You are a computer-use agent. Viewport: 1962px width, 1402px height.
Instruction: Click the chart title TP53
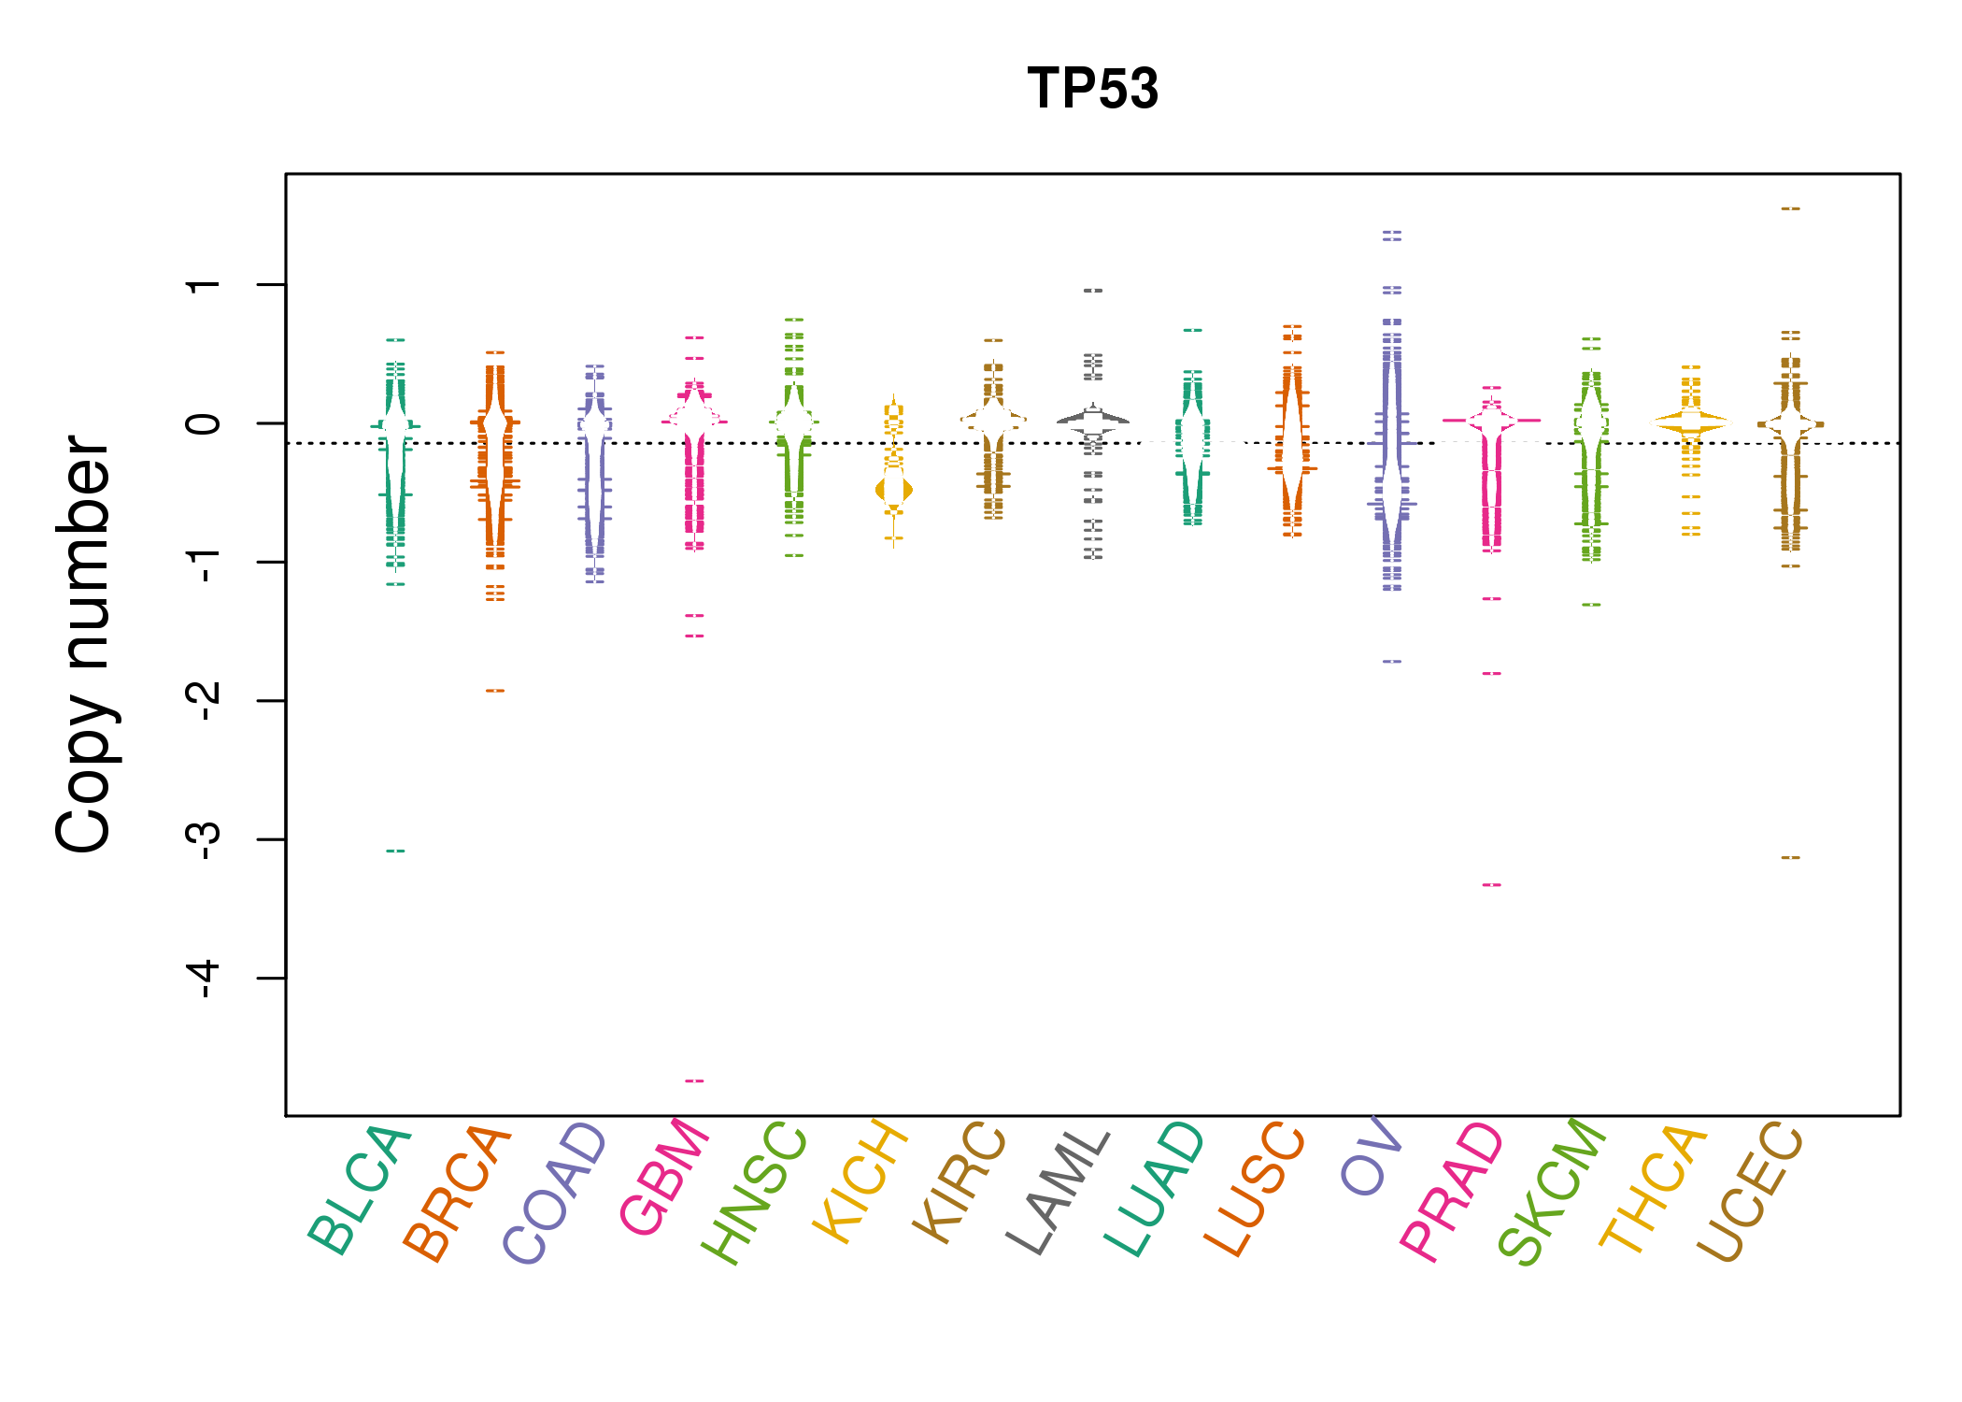pos(1092,89)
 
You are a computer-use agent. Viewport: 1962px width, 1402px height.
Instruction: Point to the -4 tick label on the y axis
pos(204,979)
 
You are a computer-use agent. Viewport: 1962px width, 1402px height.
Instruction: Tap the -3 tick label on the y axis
pos(204,839)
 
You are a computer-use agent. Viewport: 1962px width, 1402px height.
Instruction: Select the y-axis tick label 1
pos(204,284)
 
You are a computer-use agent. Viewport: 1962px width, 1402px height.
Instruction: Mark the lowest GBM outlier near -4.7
pos(694,1081)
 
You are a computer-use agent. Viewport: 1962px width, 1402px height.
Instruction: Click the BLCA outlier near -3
pos(396,851)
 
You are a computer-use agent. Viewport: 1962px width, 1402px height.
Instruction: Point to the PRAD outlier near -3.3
pos(1492,885)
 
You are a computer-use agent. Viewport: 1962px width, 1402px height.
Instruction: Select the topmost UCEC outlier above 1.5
pos(1790,209)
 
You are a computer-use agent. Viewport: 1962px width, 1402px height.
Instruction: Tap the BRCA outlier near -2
pos(495,692)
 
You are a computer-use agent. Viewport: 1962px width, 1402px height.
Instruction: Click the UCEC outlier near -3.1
pos(1790,858)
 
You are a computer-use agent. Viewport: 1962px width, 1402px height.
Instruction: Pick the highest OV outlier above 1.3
pos(1392,233)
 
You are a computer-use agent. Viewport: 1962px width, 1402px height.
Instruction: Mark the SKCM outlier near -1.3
pos(1591,606)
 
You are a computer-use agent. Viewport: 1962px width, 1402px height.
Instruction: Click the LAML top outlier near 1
pos(1093,291)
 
